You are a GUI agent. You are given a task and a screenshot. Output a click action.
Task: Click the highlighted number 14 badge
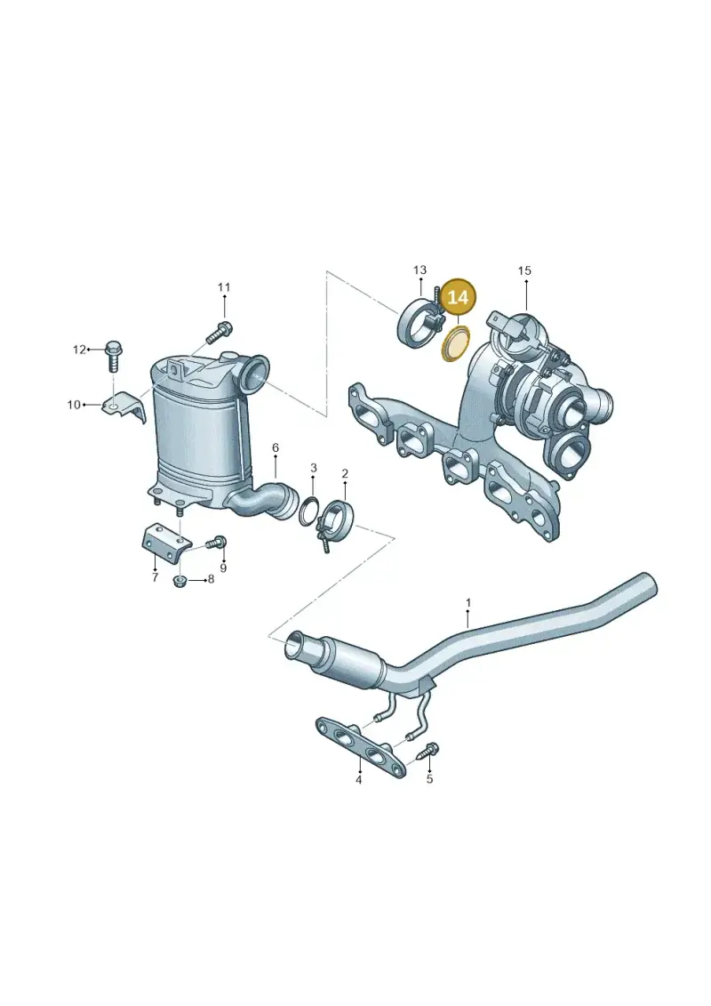[458, 298]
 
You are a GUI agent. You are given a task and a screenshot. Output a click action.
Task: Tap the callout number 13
[419, 270]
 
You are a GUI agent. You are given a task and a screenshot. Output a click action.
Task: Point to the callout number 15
[524, 270]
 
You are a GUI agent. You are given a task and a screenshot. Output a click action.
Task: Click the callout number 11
[223, 287]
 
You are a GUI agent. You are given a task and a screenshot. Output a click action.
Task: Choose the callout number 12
[79, 350]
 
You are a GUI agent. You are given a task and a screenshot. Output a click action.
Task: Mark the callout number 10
[74, 405]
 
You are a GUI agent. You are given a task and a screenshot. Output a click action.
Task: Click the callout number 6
[276, 447]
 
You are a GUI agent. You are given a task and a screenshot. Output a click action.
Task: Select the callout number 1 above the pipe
[468, 603]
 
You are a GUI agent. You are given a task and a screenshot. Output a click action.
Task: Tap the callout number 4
[359, 780]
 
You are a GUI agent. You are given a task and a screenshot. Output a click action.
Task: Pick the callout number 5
[429, 779]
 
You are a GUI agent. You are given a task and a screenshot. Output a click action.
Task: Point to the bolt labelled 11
[218, 332]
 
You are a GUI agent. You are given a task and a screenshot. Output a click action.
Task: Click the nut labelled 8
[180, 581]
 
